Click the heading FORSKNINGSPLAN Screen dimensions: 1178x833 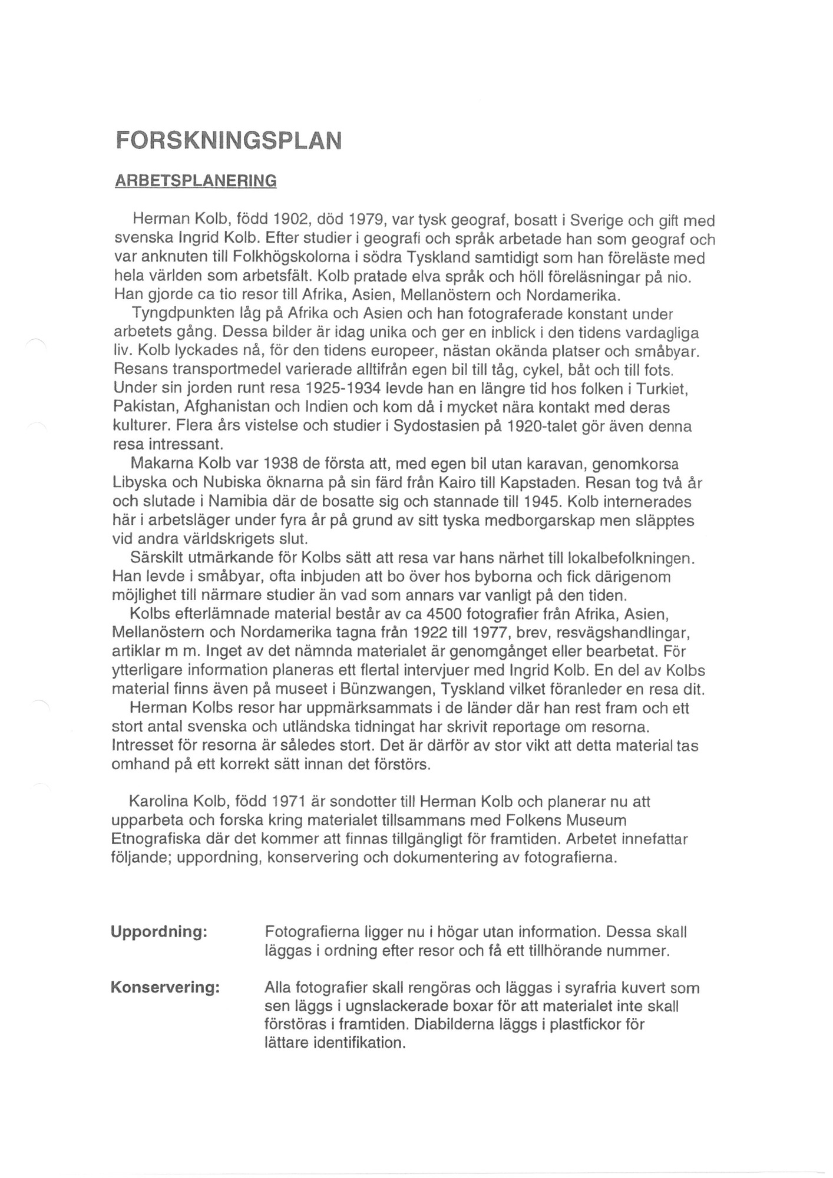228,141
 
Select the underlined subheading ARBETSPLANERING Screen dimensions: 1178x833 195,180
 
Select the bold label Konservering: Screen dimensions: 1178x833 165,987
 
